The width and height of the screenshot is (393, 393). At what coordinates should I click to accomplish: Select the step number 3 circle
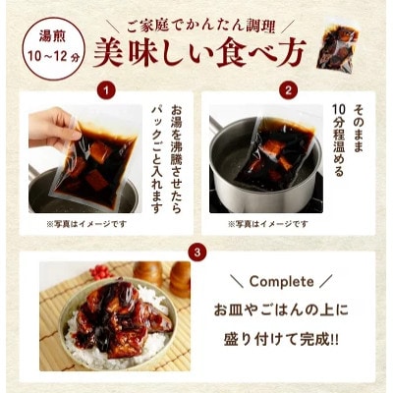(x=197, y=252)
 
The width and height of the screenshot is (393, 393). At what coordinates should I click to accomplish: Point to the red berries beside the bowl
(x=97, y=268)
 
